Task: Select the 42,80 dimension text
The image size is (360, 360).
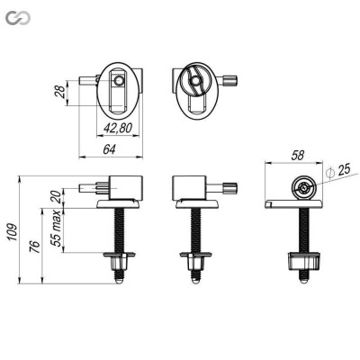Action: pos(117,128)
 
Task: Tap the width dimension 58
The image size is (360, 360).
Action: pos(297,156)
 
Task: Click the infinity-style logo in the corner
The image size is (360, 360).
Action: pos(16,15)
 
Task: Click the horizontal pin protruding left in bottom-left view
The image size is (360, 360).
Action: pos(94,190)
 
